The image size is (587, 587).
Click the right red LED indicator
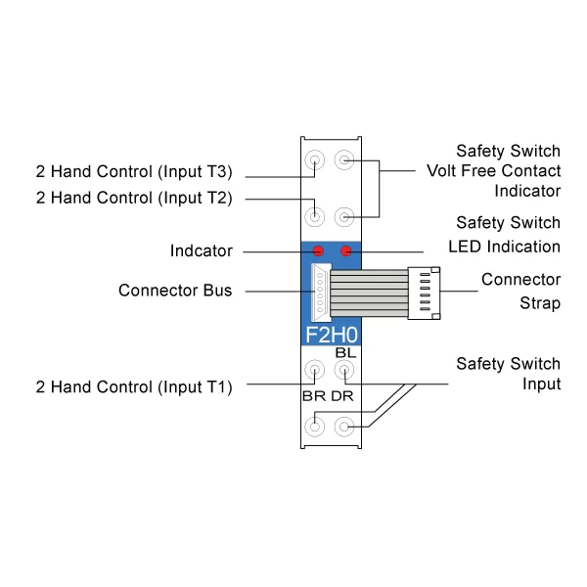[x=344, y=250]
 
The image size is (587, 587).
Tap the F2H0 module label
[x=331, y=334]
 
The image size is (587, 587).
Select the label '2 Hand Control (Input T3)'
[x=132, y=173]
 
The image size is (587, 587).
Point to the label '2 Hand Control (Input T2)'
[x=132, y=199]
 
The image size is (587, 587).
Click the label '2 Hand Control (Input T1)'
[x=132, y=386]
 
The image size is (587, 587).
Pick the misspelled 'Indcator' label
[x=201, y=251]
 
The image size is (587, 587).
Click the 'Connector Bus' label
[x=175, y=291]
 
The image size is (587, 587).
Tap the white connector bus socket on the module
[x=319, y=292]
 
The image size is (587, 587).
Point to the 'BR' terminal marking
[x=313, y=396]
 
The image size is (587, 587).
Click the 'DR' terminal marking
[x=342, y=396]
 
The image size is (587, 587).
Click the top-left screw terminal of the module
[x=315, y=159]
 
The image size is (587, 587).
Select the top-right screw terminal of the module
[x=343, y=159]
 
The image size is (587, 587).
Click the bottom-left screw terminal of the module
[x=315, y=427]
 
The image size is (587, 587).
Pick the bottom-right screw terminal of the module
[x=343, y=427]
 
